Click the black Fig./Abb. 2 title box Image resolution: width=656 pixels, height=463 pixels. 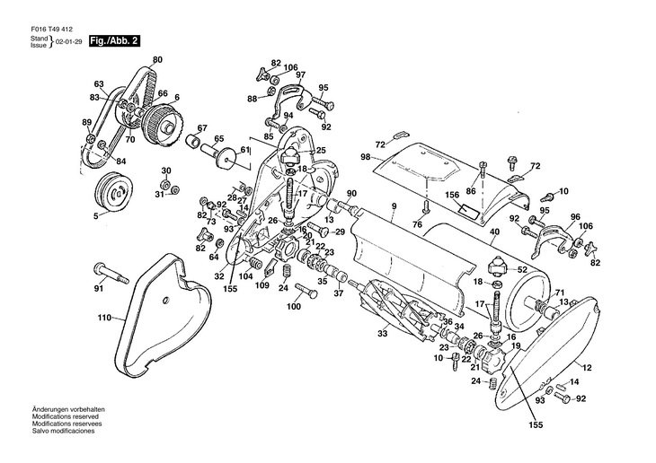(114, 41)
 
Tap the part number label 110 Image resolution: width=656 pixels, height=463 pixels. (104, 318)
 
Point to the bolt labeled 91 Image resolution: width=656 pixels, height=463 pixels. (111, 274)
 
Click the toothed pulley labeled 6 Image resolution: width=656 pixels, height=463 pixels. (162, 123)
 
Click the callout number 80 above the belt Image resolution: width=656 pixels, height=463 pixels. (157, 60)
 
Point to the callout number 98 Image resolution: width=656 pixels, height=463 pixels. (366, 157)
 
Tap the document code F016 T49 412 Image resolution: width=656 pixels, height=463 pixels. (51, 30)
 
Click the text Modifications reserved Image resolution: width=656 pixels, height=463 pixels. (66, 416)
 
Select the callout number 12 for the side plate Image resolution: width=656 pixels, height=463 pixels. (587, 368)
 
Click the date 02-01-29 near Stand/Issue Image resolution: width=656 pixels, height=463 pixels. (68, 42)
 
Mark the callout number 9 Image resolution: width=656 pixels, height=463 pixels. (394, 206)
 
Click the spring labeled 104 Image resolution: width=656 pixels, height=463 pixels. (255, 264)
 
